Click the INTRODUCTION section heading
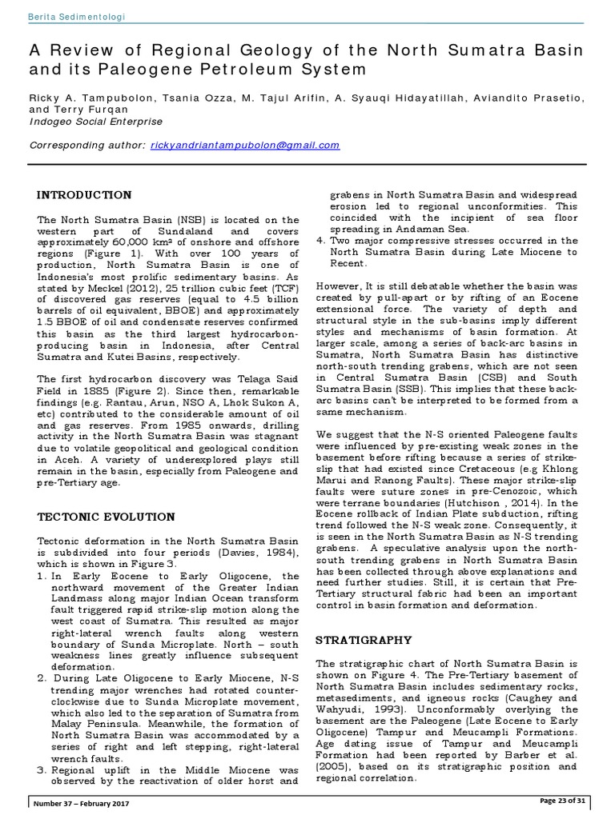click(x=85, y=194)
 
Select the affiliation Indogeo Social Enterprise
click(x=95, y=122)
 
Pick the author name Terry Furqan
click(x=77, y=110)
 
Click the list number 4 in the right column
click(x=320, y=240)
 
